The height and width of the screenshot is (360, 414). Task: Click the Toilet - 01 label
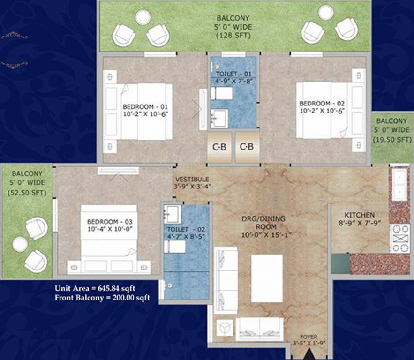point(233,74)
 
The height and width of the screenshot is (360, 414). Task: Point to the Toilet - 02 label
point(184,229)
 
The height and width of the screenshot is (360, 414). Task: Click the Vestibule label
point(192,180)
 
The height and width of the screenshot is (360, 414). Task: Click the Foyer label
point(309,337)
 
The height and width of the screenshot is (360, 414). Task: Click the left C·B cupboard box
point(219,147)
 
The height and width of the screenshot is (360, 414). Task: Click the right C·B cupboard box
point(247,147)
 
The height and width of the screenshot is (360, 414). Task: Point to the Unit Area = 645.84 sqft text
point(95,288)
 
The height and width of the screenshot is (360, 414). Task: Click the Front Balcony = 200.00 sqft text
point(102,297)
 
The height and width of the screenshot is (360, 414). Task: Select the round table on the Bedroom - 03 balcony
point(20,244)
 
